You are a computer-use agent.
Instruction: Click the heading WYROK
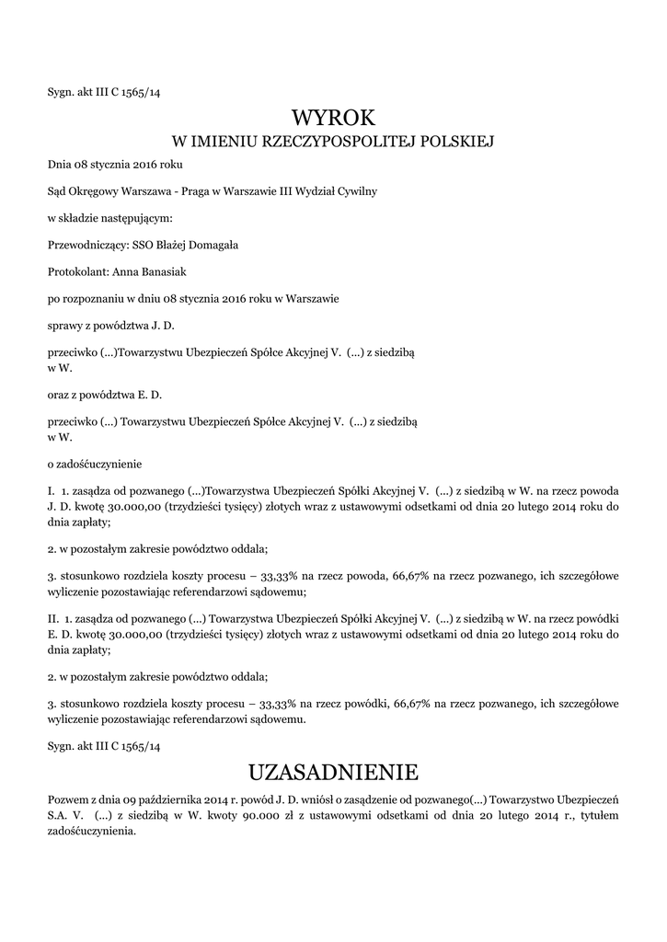[333, 118]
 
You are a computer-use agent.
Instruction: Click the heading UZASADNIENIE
[333, 770]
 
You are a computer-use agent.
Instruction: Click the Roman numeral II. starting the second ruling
[53, 619]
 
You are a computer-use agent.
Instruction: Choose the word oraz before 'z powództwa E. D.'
[59, 396]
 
